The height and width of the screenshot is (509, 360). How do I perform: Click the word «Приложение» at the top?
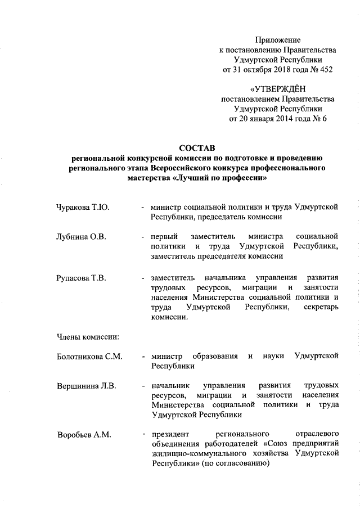277,40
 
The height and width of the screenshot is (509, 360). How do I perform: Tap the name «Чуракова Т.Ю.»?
83,207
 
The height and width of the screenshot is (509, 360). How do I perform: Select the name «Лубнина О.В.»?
82,236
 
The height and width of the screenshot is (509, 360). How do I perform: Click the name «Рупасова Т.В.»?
82,278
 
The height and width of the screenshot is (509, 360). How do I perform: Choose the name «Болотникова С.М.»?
90,357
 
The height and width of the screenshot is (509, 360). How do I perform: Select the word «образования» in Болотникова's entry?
214,357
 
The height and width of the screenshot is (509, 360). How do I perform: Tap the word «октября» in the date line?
260,70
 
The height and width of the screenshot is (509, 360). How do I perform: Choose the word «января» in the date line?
259,119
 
